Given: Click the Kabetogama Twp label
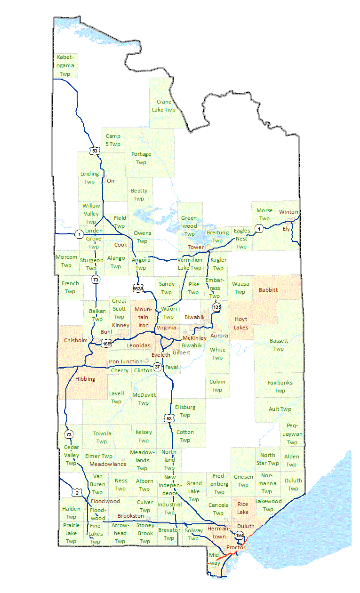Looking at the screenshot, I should tap(65, 65).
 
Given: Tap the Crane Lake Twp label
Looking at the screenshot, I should tap(164, 105).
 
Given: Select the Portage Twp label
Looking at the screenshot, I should tap(141, 158).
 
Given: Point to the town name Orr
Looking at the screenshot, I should tap(111, 181).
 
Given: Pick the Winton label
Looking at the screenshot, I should tap(288, 212).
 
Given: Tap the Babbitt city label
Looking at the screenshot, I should tap(268, 290).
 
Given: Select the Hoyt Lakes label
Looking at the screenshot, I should tap(241, 323).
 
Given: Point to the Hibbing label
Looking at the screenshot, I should tap(85, 378).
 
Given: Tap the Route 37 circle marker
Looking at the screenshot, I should tap(157, 366).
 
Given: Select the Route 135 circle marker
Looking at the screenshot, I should tap(216, 307).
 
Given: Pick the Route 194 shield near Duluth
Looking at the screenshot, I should tap(240, 536).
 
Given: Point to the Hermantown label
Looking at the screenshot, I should tap(216, 533).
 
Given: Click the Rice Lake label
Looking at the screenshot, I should tap(243, 508).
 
